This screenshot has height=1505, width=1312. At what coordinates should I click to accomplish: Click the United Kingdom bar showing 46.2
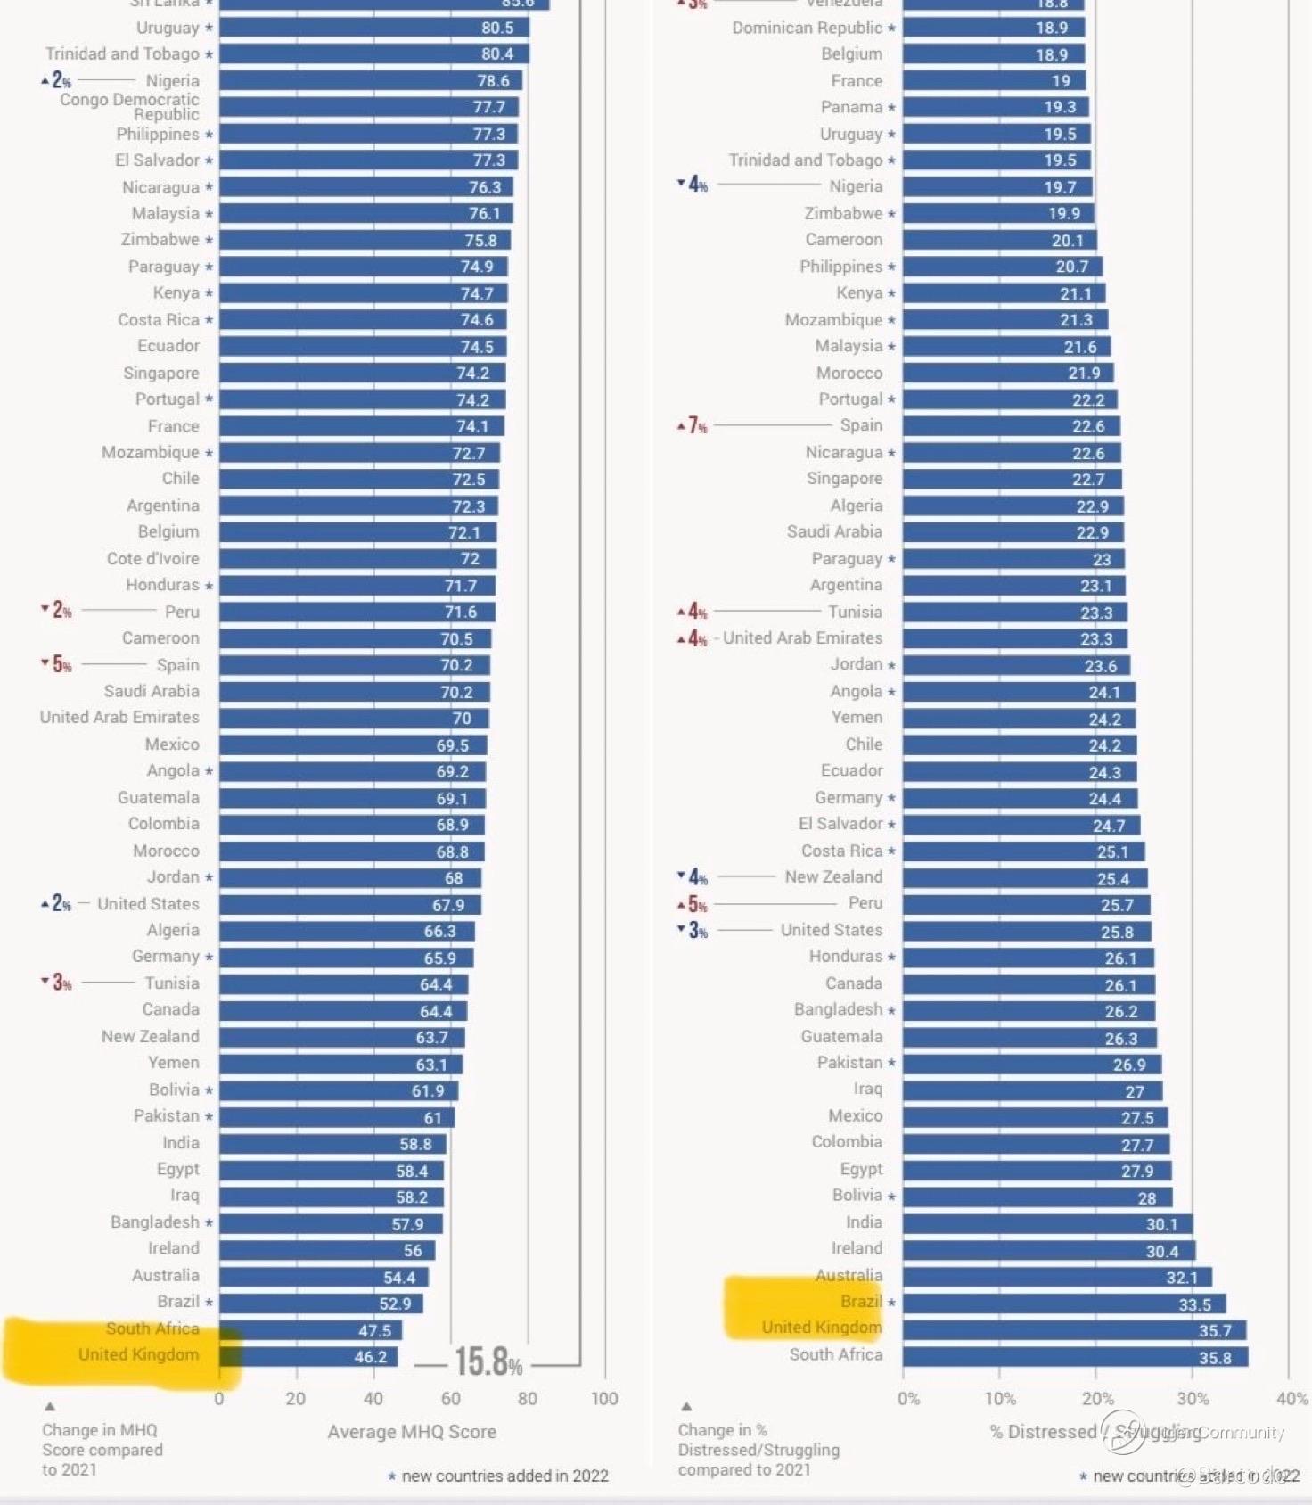pos(308,1356)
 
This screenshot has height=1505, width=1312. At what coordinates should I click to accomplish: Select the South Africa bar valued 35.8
pos(1075,1357)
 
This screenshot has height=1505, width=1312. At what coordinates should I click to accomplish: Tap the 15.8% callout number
pos(488,1362)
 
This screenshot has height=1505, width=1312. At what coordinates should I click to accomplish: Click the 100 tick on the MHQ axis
pos(604,1399)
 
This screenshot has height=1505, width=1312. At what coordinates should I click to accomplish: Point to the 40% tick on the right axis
pos(1291,1399)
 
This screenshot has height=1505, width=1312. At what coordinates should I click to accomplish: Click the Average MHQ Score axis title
pos(412,1432)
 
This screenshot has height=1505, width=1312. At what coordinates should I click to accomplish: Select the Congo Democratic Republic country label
pos(130,107)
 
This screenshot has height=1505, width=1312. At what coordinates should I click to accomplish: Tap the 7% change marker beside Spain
pos(693,426)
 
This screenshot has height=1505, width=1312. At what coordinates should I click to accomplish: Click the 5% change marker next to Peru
pos(693,904)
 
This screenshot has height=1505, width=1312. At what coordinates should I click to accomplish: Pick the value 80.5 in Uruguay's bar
pos(496,28)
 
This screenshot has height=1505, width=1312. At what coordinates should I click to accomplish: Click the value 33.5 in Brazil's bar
pos(1194,1304)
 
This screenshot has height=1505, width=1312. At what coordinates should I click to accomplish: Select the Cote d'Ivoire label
pos(153,559)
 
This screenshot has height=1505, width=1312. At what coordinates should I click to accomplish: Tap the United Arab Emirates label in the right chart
pos(802,638)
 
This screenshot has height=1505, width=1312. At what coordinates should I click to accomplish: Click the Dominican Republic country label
pos(808,28)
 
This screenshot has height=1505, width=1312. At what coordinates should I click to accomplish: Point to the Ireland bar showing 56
pos(327,1250)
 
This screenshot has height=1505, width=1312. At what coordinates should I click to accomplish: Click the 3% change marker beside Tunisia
pos(57,983)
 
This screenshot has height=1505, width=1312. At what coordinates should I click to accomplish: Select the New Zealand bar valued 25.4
pos(1025,878)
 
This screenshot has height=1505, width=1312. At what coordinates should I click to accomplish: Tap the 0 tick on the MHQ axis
pos(219,1399)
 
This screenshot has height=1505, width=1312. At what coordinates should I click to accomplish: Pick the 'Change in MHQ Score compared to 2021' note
pos(102,1450)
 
